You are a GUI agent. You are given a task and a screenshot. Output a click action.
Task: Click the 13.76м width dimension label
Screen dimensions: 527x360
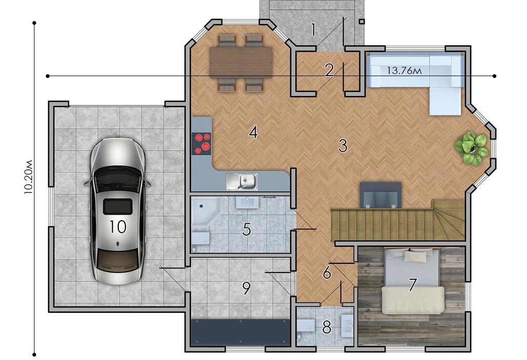[x=404, y=71]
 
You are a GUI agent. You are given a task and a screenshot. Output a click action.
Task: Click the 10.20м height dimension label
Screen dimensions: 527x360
[x=28, y=177]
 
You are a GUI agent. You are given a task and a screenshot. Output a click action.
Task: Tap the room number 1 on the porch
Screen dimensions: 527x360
[x=313, y=29]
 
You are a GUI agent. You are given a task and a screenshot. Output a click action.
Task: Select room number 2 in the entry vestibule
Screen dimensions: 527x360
[x=329, y=70]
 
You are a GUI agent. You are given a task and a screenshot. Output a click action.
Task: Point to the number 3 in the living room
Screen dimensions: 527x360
[x=342, y=146]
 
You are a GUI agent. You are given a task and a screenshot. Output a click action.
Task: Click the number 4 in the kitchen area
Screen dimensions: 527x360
[x=253, y=132]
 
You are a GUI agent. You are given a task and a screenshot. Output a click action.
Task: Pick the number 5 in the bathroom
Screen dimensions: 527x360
[x=247, y=229]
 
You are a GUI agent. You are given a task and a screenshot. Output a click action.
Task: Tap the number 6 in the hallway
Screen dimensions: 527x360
[x=327, y=273]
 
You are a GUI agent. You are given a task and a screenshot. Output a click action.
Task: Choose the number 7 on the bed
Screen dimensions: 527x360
[x=412, y=285]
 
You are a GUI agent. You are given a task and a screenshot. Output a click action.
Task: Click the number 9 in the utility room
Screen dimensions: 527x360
[x=247, y=288]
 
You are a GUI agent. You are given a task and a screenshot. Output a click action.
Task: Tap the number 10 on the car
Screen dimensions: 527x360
[x=118, y=227]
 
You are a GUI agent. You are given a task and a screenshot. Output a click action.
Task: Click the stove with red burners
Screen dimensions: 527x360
[x=201, y=143]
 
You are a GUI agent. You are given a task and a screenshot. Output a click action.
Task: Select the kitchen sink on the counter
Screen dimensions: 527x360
[x=242, y=182]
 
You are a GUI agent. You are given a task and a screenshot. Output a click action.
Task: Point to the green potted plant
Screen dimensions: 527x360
[x=471, y=148]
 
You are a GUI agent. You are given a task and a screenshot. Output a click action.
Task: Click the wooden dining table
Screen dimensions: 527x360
[x=241, y=62]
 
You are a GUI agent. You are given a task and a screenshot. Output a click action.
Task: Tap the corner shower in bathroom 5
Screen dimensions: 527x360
[x=205, y=211]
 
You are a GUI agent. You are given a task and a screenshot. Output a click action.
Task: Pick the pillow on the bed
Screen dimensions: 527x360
[x=415, y=257]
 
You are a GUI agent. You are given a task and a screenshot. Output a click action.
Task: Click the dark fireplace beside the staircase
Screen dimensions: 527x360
[x=381, y=195]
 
